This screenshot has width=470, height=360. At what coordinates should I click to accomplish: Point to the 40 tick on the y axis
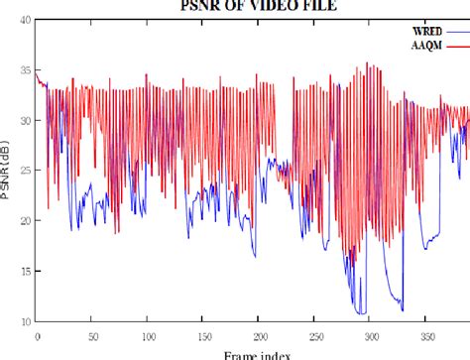(x=22, y=19)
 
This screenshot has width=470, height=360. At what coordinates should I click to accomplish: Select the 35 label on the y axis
(x=22, y=69)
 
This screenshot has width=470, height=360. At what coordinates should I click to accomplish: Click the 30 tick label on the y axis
(x=22, y=120)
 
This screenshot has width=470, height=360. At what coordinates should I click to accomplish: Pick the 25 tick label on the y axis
(x=22, y=170)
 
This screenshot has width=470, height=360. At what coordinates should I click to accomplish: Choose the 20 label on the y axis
(x=22, y=220)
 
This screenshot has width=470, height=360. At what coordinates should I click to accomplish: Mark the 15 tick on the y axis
(x=22, y=271)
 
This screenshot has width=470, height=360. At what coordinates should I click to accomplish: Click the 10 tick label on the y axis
(x=22, y=321)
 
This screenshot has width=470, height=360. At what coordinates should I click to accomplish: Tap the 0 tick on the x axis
(x=37, y=334)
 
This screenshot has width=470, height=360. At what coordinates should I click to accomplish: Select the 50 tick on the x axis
(x=92, y=334)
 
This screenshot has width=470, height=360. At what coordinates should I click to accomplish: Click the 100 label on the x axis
(x=148, y=334)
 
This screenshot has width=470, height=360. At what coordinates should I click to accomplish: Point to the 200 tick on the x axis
(x=258, y=334)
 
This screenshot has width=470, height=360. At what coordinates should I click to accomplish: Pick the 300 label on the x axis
(x=369, y=334)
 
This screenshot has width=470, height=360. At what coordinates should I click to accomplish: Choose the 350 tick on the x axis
(x=424, y=334)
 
